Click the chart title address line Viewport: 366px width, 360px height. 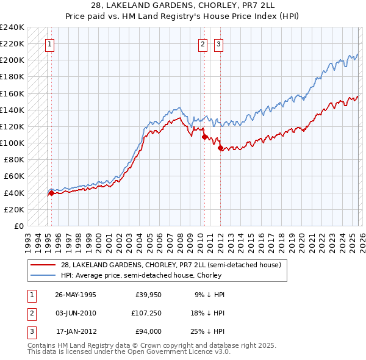pos(183,5)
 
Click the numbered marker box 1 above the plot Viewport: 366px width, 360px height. pos(49,43)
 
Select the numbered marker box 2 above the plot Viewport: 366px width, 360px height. pos(203,43)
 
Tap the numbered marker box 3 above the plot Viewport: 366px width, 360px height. pos(218,43)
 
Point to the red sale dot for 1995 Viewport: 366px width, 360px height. pos(51,193)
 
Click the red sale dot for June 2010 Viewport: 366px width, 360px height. pos(204,137)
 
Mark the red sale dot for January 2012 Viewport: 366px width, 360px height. pos(220,148)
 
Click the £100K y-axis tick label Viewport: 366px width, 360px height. pos(12,143)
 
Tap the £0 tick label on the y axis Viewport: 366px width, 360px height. pos(18,226)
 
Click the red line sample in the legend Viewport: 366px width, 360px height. pos(43,265)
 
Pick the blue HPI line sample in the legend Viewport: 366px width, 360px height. pos(43,275)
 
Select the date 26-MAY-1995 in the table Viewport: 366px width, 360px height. pos(76,295)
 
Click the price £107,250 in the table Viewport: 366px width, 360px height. pos(148,313)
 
